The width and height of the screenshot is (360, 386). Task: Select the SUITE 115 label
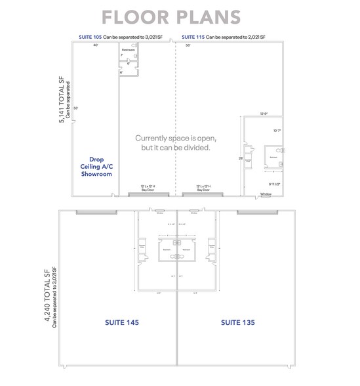(x=193, y=37)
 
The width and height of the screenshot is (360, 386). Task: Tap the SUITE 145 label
(x=122, y=322)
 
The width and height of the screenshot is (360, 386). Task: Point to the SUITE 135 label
(x=237, y=322)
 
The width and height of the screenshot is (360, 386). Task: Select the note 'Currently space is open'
(x=175, y=139)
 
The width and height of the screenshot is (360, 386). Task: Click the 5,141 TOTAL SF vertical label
(x=62, y=99)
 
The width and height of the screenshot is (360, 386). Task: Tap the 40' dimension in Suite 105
(x=95, y=45)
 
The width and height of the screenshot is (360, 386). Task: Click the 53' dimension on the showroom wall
(x=77, y=108)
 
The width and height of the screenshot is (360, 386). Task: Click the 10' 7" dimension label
(x=277, y=130)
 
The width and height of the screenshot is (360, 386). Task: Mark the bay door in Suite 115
(x=203, y=194)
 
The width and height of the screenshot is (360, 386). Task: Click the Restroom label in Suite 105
(x=129, y=49)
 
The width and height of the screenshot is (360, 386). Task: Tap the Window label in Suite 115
(x=266, y=194)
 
